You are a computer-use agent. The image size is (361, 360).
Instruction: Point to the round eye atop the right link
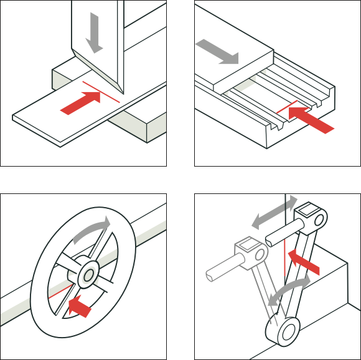[318, 218]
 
